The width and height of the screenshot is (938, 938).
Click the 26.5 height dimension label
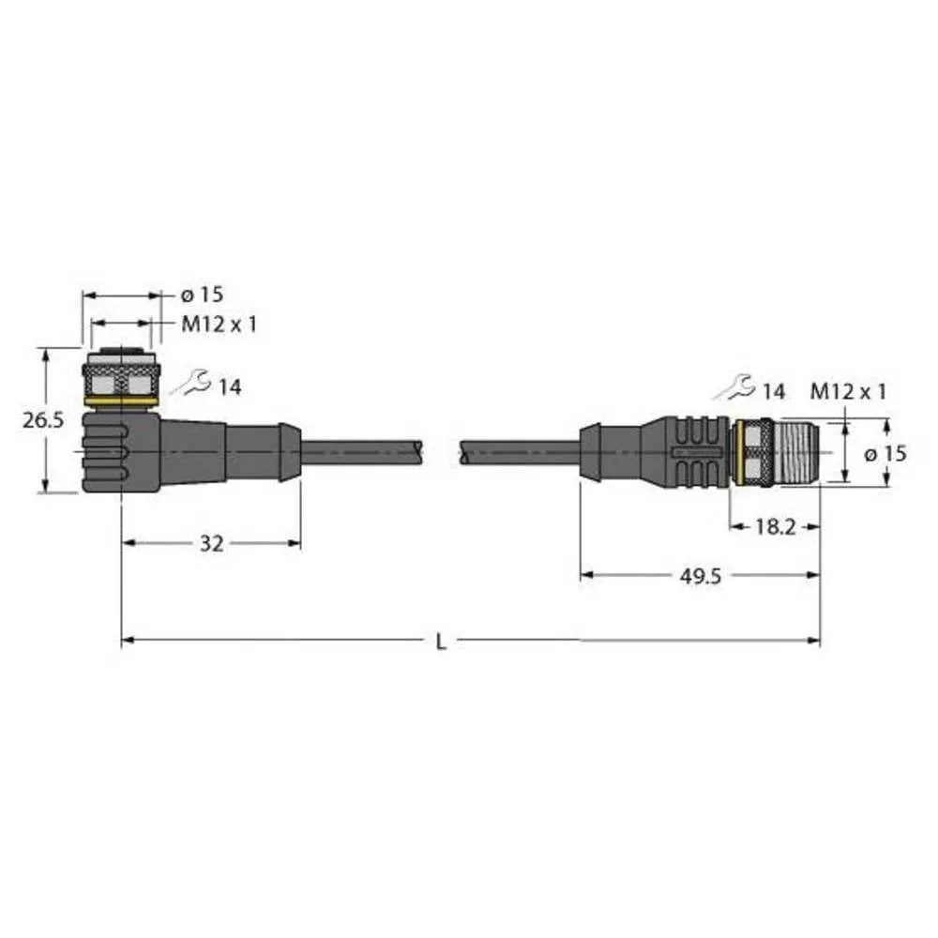pyautogui.click(x=43, y=421)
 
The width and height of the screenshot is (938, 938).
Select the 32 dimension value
pyautogui.click(x=212, y=543)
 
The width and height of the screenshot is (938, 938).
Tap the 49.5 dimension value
pyautogui.click(x=701, y=576)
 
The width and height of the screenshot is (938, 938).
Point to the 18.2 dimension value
pyautogui.click(x=775, y=526)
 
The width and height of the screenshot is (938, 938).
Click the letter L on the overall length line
pyautogui.click(x=442, y=642)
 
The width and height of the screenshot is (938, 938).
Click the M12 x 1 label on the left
pyautogui.click(x=219, y=325)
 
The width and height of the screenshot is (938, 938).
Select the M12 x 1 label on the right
pyautogui.click(x=847, y=392)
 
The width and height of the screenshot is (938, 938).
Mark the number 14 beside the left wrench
pyautogui.click(x=230, y=386)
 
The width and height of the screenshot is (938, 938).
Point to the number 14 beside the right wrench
pyautogui.click(x=773, y=392)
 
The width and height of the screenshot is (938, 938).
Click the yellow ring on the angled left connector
pyautogui.click(x=121, y=402)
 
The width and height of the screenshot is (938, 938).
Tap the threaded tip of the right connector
pyautogui.click(x=799, y=454)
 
